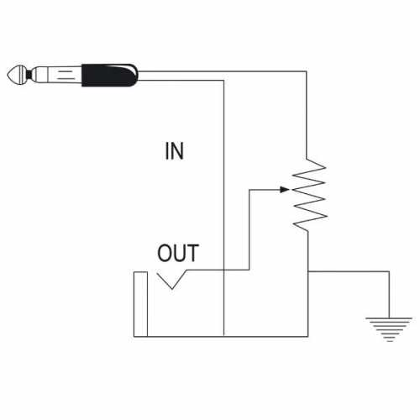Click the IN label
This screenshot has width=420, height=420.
click(x=174, y=152)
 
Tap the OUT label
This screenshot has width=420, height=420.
click(x=179, y=252)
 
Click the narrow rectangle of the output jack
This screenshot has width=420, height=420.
click(x=140, y=303)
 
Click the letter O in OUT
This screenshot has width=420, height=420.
click(x=165, y=252)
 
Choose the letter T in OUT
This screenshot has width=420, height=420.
click(x=193, y=252)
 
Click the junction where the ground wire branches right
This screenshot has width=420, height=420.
click(x=309, y=270)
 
